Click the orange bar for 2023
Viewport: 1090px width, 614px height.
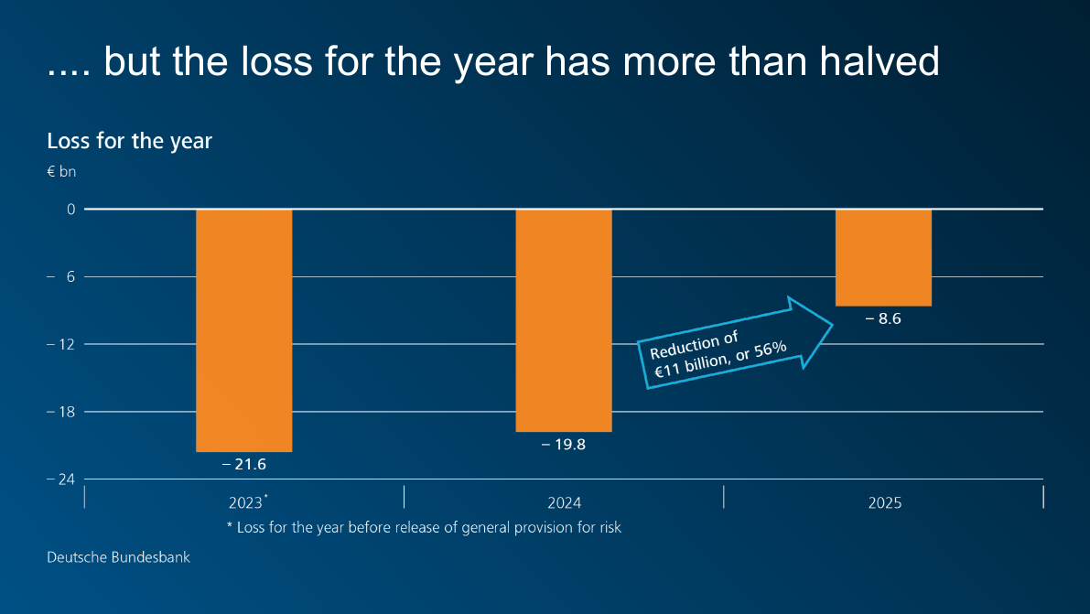(x=244, y=330)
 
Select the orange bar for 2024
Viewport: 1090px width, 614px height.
(x=564, y=320)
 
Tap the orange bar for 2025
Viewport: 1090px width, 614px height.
(x=883, y=258)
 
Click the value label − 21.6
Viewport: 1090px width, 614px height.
(x=244, y=465)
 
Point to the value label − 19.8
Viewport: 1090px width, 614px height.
(x=564, y=445)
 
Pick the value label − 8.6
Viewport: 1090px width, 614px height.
(x=883, y=319)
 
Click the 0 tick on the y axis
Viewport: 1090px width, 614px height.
(x=70, y=210)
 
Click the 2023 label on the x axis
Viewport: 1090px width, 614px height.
(x=245, y=503)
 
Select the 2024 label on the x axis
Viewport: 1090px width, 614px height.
(x=564, y=503)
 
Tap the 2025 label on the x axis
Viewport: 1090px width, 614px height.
(x=884, y=503)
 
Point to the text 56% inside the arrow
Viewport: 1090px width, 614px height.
(x=770, y=349)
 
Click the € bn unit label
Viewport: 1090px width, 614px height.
(x=61, y=171)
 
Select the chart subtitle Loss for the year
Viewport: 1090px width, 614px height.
(x=129, y=141)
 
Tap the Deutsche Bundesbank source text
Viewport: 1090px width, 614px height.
(x=119, y=556)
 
